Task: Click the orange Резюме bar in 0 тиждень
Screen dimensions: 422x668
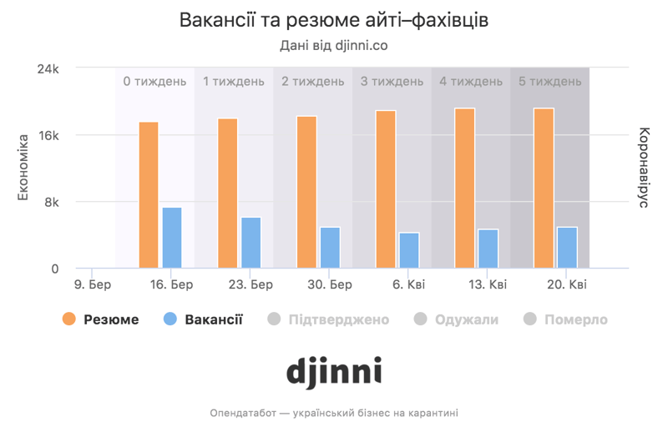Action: click(149, 195)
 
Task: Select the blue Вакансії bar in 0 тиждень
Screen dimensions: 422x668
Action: click(172, 238)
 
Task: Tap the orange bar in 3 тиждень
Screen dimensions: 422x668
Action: click(386, 189)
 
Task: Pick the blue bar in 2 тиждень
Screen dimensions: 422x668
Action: click(330, 248)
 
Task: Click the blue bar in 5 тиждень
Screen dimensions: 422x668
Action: click(567, 248)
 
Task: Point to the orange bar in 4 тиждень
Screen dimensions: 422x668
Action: click(464, 188)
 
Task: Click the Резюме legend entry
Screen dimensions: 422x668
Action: click(101, 319)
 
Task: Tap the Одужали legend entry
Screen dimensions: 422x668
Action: click(456, 319)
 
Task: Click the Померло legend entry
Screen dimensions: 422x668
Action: click(565, 319)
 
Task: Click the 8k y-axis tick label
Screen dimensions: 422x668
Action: click(51, 202)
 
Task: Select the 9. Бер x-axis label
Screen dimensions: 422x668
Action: click(93, 284)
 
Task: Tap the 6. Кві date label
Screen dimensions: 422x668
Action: click(407, 284)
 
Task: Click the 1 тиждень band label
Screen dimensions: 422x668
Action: click(234, 81)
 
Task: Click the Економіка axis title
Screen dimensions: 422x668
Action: click(24, 167)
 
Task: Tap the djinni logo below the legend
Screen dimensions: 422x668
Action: click(333, 371)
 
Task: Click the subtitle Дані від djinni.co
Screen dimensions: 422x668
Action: click(333, 45)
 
